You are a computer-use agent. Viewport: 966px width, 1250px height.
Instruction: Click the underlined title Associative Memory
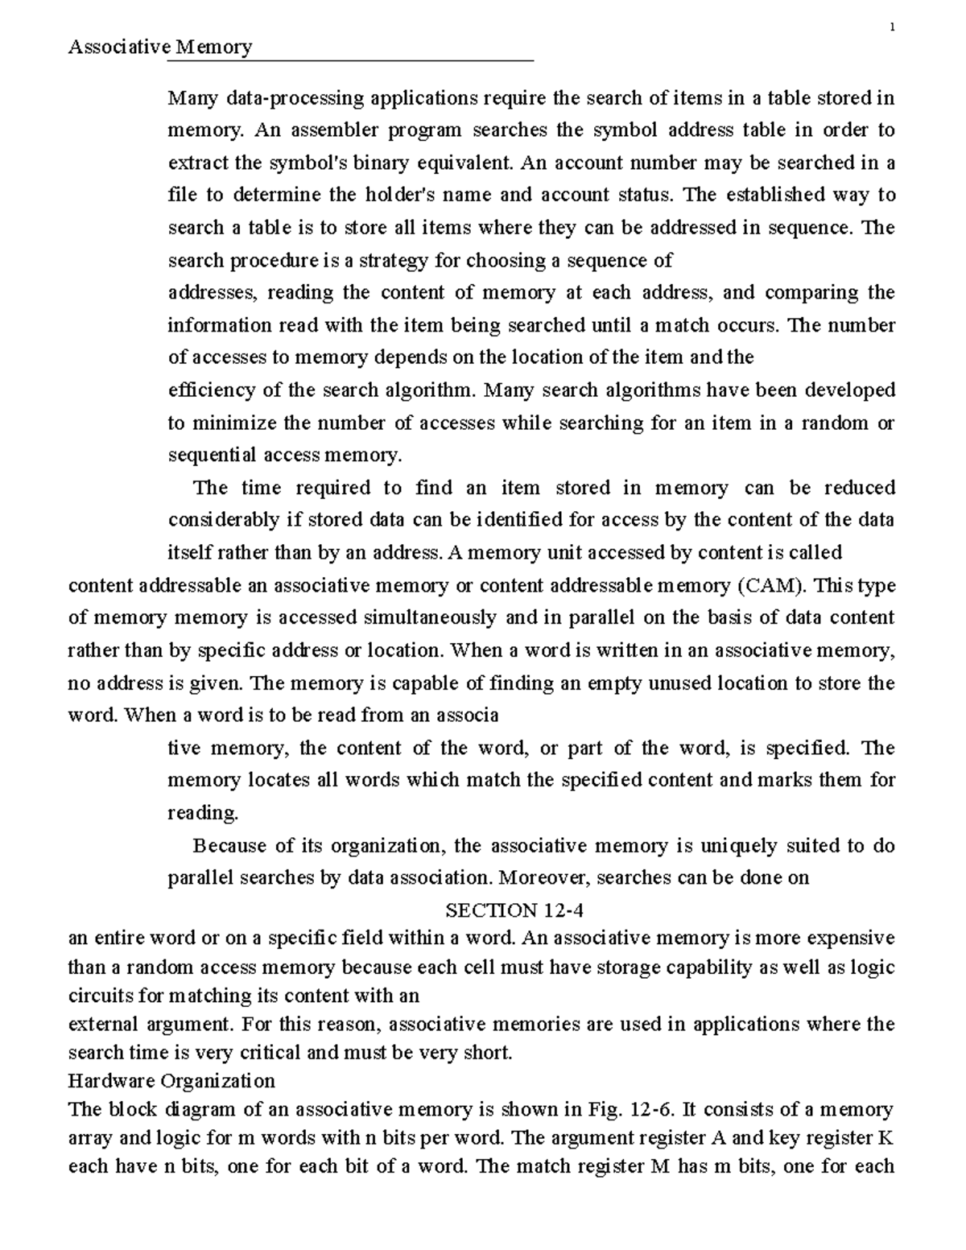click(160, 47)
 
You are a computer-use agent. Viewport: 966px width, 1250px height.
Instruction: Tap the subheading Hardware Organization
click(171, 1080)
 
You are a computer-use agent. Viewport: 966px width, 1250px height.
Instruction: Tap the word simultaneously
click(431, 618)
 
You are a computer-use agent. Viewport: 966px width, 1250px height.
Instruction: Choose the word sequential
click(210, 456)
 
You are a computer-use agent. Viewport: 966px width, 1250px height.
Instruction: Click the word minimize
click(233, 423)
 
